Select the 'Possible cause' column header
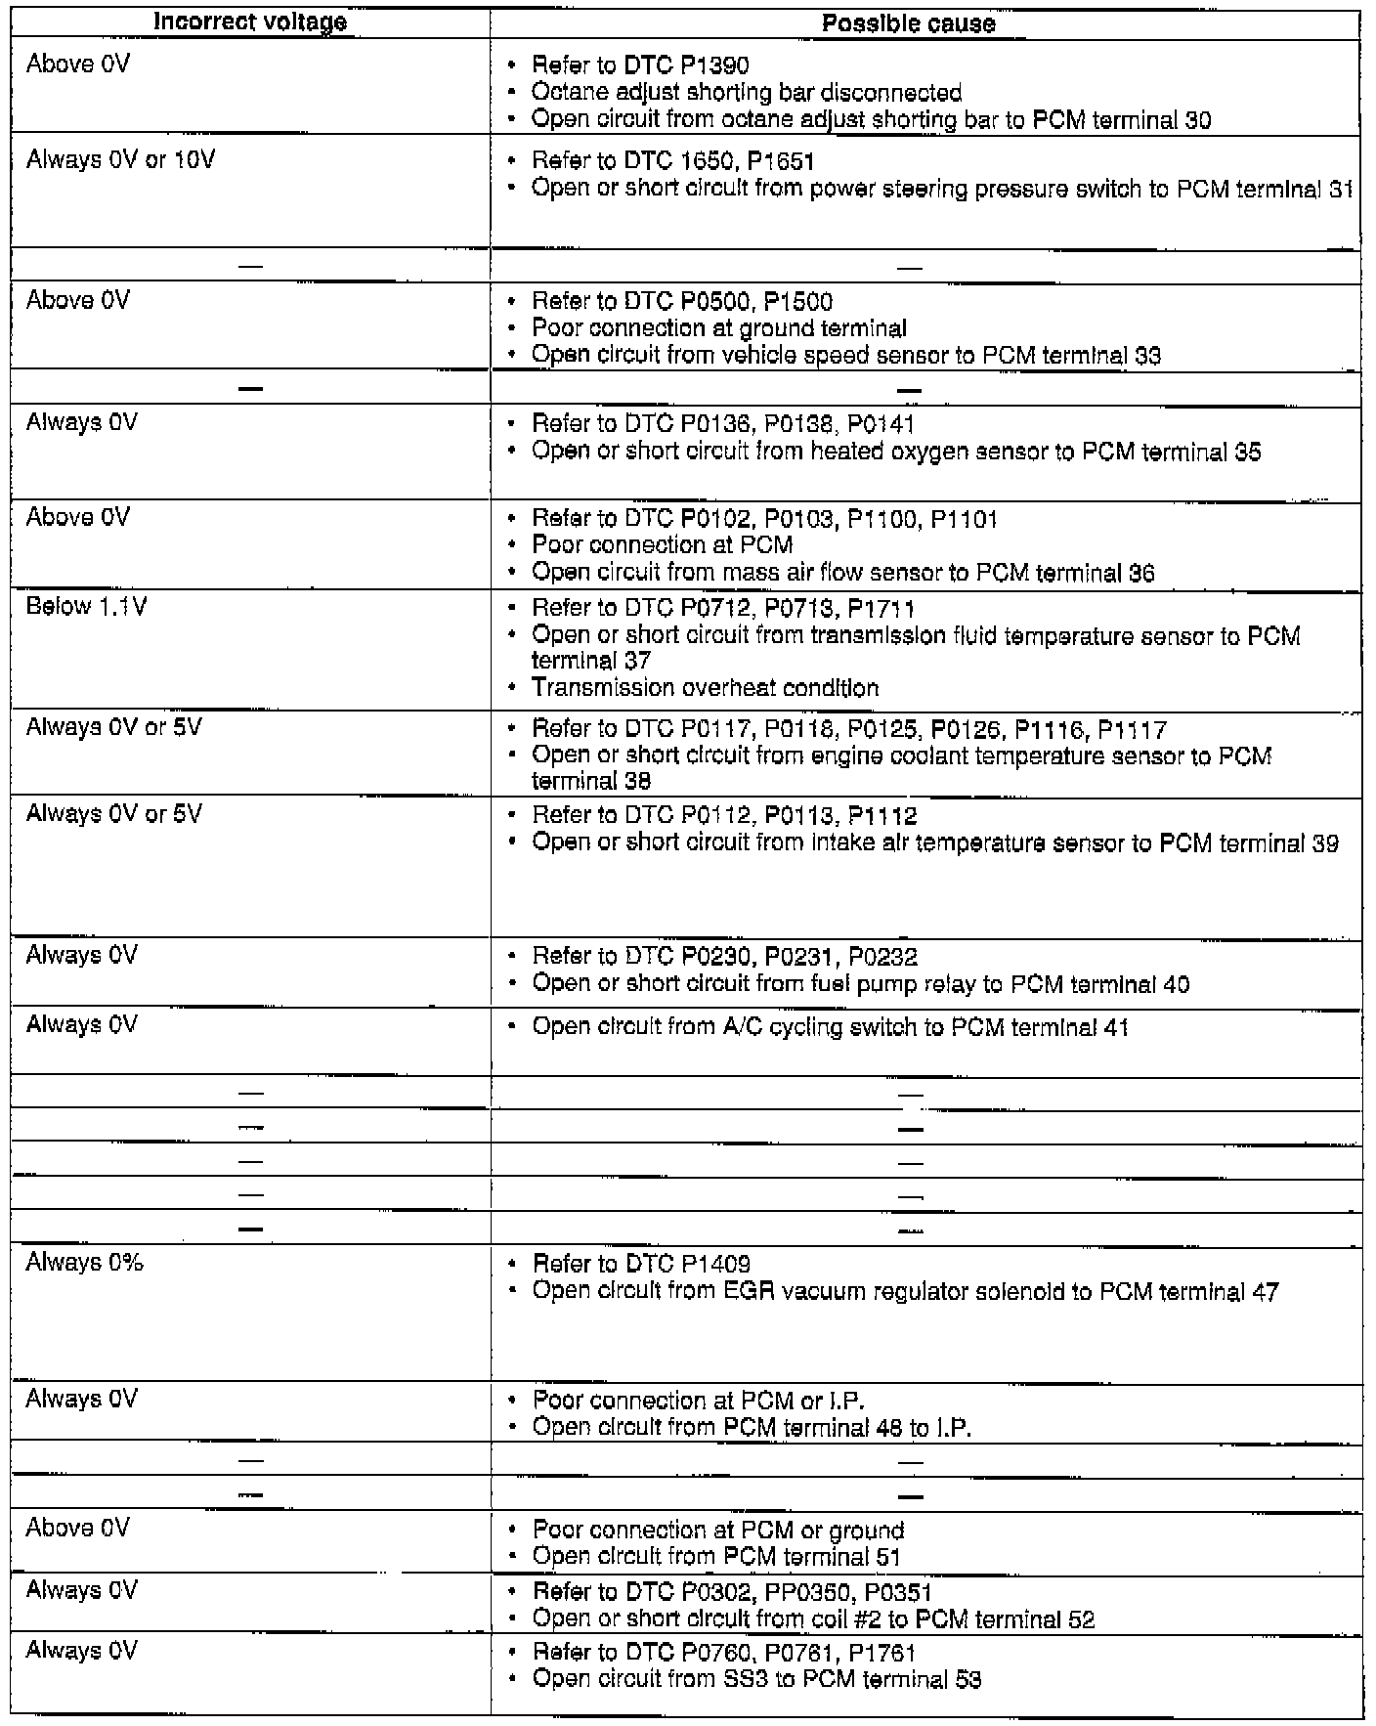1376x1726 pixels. pyautogui.click(x=908, y=24)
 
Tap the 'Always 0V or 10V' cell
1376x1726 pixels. pyautogui.click(x=120, y=160)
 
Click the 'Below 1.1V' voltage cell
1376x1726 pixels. pyautogui.click(x=86, y=607)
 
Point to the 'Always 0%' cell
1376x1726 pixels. pyautogui.click(x=84, y=1262)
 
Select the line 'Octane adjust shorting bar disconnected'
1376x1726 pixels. pyautogui.click(x=747, y=93)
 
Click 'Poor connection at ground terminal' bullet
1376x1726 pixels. pyautogui.click(x=719, y=328)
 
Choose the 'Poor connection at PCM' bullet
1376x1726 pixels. pyautogui.click(x=662, y=545)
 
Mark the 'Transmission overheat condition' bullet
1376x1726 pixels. pyautogui.click(x=705, y=688)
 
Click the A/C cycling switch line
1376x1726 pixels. pyautogui.click(x=830, y=1027)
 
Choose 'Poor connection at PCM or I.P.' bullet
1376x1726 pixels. pyautogui.click(x=699, y=1401)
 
